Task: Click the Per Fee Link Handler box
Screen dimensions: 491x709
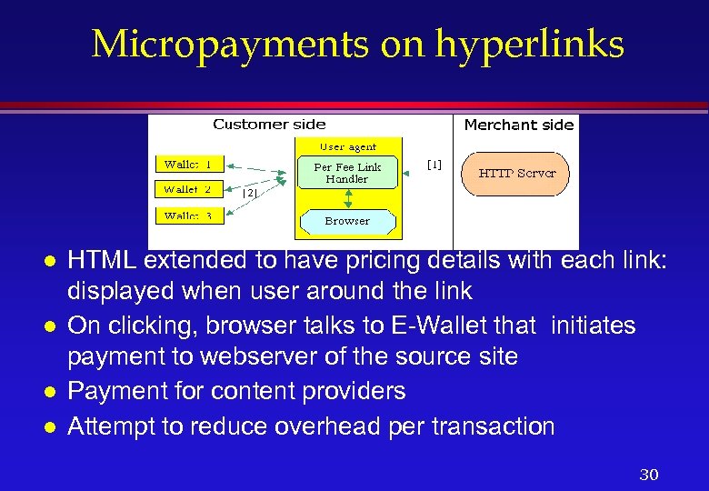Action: coord(347,173)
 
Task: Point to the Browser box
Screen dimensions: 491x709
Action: coord(347,221)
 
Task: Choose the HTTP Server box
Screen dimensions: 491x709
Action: coord(517,174)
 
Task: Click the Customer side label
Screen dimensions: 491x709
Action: coord(269,125)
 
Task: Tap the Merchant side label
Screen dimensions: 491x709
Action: coord(519,125)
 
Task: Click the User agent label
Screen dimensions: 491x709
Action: coord(347,146)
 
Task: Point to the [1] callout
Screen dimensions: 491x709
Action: coord(434,165)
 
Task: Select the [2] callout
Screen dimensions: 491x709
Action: coord(250,193)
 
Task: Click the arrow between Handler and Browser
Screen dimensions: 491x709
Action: coord(347,199)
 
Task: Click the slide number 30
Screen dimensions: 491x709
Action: coord(649,475)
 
